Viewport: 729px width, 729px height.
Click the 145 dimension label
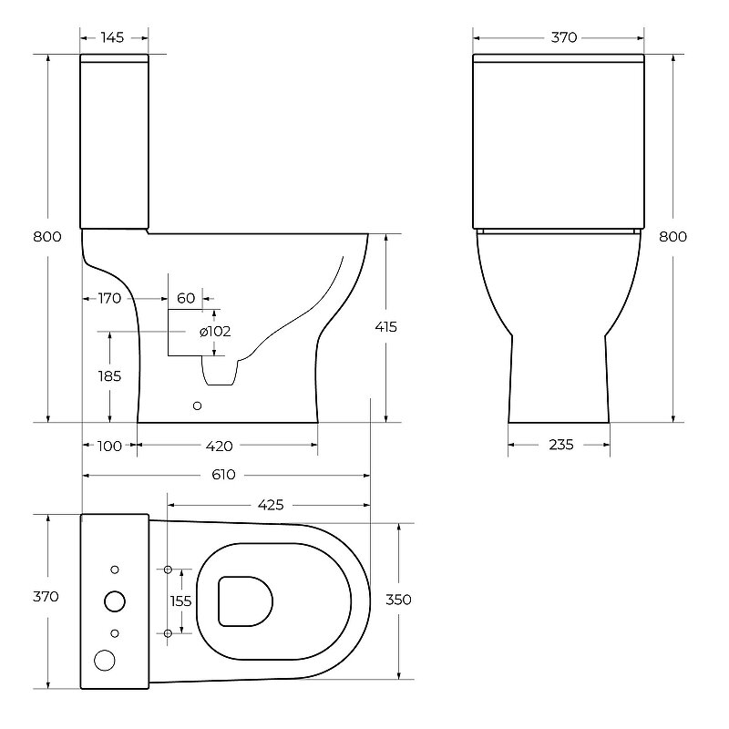112,37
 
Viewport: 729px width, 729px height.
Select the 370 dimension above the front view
564,37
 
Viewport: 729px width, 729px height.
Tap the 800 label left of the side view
47,237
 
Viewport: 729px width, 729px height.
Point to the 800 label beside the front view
673,237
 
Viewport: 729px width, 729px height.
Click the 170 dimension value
109,299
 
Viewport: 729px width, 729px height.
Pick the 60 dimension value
186,299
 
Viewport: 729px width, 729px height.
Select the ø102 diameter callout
215,332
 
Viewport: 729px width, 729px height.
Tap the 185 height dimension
109,376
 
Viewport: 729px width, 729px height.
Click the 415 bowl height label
385,327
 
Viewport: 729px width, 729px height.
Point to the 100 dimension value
109,447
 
